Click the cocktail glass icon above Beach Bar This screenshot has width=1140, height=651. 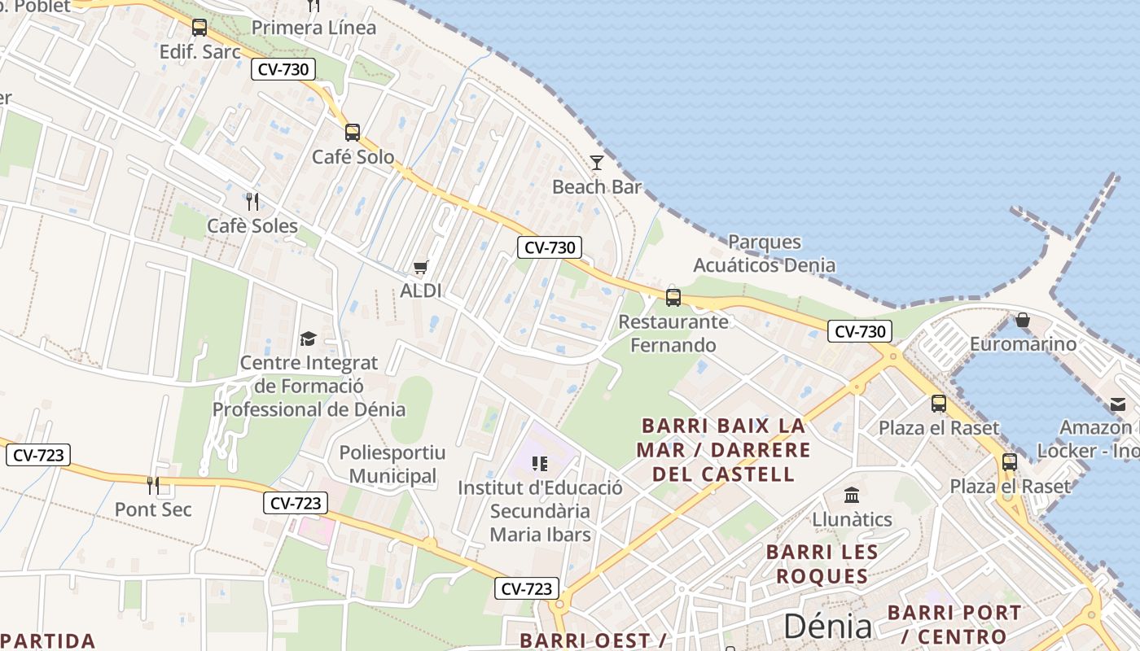coord(597,163)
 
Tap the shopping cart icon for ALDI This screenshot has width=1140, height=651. coord(421,267)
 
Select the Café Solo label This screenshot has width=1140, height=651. coord(353,156)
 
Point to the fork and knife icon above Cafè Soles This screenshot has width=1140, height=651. coord(252,200)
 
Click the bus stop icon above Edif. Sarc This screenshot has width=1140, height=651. coord(199,28)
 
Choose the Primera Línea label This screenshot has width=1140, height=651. coord(313,28)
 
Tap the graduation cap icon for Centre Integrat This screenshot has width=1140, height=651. coord(308,339)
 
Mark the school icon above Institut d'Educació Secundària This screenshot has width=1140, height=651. coord(539,464)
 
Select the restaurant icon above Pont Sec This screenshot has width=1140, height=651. coord(153,485)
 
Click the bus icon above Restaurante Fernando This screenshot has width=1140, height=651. coord(673,297)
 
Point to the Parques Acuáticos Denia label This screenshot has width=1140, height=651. coord(764,253)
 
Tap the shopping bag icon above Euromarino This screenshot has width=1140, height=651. coord(1023,320)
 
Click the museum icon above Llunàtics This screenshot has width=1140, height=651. coord(852,495)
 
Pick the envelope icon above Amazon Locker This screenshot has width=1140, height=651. coord(1117,404)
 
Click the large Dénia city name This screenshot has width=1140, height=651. coord(827,626)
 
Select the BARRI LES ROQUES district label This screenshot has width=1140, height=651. coord(822,564)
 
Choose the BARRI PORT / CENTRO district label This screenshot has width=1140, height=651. coord(954,624)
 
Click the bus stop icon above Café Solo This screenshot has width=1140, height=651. coord(353,132)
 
